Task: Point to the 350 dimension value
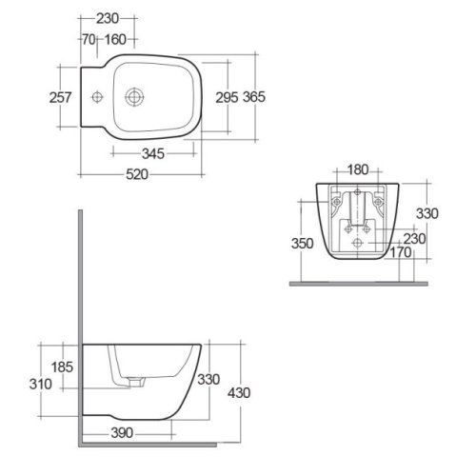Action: [x=304, y=243]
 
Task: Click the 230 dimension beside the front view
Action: [x=415, y=239]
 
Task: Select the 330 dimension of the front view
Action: [x=427, y=214]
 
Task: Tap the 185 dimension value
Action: [x=61, y=366]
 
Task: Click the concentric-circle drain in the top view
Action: [x=133, y=95]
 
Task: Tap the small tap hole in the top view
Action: [x=96, y=95]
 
